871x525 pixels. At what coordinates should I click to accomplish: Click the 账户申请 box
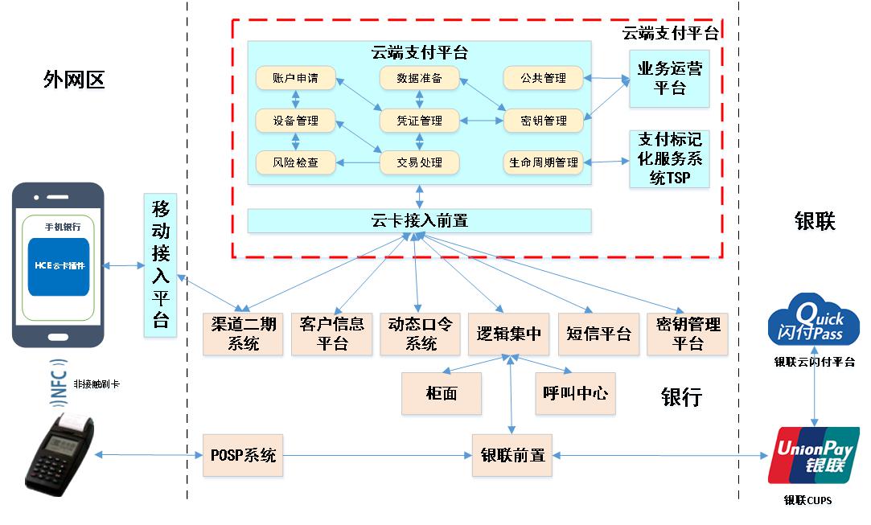click(295, 78)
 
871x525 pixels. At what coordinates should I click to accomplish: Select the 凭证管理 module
click(419, 121)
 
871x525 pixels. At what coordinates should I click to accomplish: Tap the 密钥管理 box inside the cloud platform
click(543, 121)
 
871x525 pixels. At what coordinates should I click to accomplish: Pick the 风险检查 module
click(295, 162)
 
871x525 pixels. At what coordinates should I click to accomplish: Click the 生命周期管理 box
click(543, 162)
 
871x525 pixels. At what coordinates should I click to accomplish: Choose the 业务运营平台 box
click(669, 78)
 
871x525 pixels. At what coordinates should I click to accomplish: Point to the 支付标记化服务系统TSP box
click(669, 159)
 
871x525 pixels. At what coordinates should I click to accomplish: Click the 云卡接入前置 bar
click(419, 220)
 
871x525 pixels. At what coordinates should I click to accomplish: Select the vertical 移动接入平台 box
click(161, 265)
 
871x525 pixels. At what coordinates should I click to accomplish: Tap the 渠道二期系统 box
click(244, 334)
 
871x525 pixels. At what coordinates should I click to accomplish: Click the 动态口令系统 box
click(421, 334)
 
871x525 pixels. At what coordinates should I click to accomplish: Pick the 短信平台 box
click(599, 334)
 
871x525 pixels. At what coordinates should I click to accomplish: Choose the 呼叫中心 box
click(576, 393)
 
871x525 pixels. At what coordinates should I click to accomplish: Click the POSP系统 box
click(244, 456)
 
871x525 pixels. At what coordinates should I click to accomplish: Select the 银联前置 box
click(513, 456)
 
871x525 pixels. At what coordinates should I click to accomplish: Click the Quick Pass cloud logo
click(814, 320)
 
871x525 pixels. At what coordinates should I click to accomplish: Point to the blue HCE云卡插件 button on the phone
click(59, 267)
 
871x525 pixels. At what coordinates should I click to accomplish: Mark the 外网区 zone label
click(74, 80)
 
